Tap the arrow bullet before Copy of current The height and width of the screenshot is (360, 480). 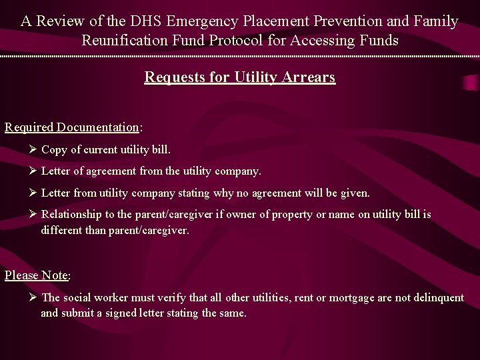33,150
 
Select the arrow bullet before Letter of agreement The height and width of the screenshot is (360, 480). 33,171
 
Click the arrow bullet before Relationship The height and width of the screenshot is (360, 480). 33,214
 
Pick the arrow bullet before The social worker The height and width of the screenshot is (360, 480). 33,297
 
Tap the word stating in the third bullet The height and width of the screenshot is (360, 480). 193,193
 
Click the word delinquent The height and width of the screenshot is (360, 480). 437,297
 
